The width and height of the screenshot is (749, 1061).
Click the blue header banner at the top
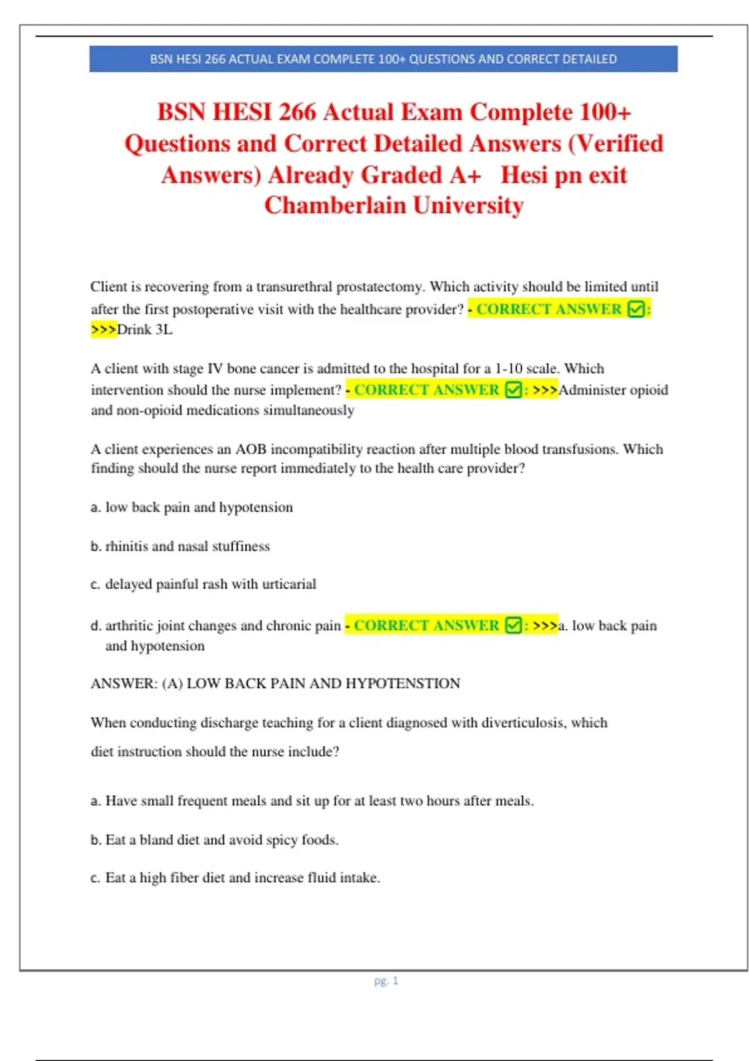383,59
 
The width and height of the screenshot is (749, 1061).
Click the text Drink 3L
144,330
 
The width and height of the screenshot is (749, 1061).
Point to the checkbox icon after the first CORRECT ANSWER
635,309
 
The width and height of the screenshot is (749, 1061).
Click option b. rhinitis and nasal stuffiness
180,546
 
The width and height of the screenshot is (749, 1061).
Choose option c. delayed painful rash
203,584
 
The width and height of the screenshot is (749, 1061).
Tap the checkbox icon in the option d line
513,625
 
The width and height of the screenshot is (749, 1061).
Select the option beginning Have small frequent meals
312,801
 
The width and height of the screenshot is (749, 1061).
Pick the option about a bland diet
215,840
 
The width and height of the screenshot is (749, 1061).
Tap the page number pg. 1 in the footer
386,980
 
